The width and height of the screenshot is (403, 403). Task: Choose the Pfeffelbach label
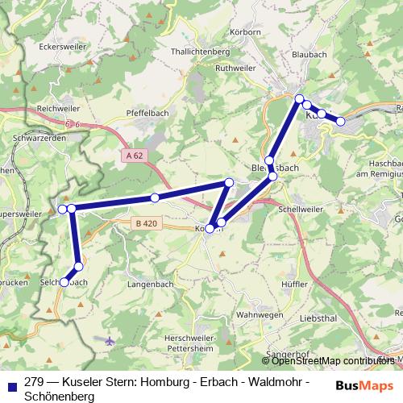click(147, 114)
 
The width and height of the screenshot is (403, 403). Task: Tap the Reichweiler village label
click(56, 107)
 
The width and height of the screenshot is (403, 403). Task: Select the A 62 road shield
click(135, 154)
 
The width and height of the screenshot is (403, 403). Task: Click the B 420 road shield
click(146, 222)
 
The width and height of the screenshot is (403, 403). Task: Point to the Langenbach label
click(152, 285)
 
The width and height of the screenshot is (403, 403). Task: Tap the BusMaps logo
click(365, 385)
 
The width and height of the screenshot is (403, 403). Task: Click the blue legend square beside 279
click(10, 384)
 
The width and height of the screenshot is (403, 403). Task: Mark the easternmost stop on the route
click(341, 122)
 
